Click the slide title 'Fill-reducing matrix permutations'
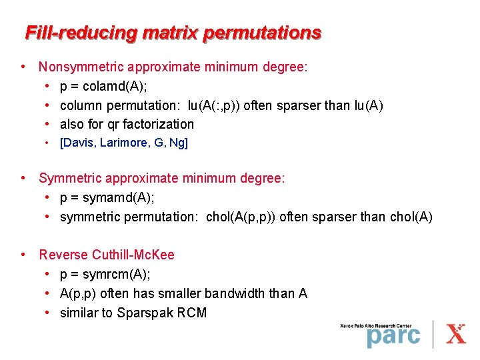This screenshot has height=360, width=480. click(x=173, y=32)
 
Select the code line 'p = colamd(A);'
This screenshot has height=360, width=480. click(x=104, y=86)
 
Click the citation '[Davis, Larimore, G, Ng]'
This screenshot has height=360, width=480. click(x=124, y=143)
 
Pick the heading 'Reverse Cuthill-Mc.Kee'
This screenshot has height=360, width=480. click(x=107, y=255)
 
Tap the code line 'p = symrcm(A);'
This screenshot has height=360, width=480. click(x=105, y=274)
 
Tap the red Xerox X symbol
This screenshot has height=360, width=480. click(x=456, y=333)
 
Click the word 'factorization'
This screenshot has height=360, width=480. click(x=159, y=124)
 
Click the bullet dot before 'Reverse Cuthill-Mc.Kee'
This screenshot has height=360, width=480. click(x=23, y=255)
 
